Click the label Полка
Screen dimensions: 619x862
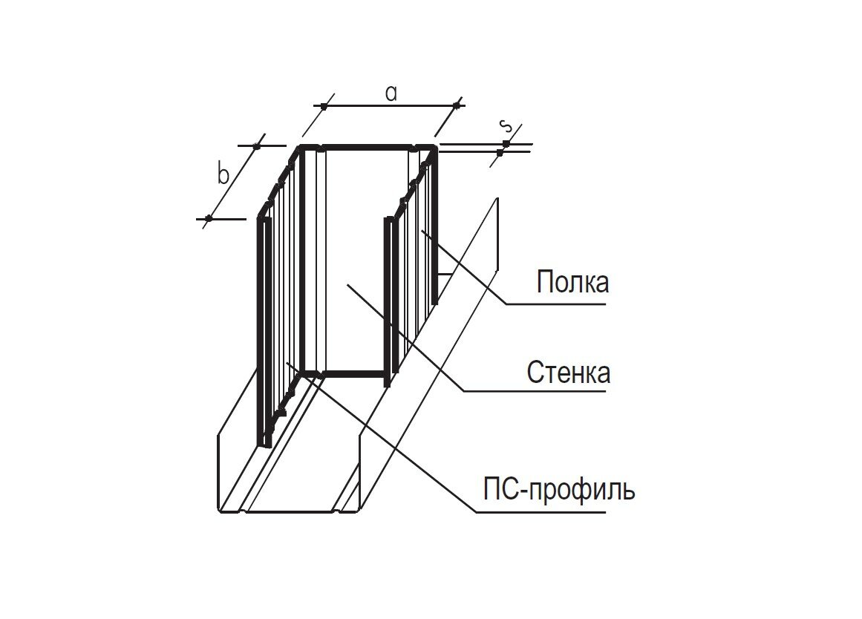click(x=572, y=283)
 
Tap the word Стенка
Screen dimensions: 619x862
click(x=569, y=372)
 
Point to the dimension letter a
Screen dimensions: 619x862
click(x=391, y=93)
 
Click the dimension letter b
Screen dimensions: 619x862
click(x=223, y=175)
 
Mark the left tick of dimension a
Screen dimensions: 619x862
click(x=324, y=106)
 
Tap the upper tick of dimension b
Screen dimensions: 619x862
click(x=257, y=146)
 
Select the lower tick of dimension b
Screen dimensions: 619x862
click(x=209, y=218)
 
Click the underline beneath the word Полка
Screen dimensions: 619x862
click(x=557, y=303)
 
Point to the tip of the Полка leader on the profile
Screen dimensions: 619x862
click(x=422, y=231)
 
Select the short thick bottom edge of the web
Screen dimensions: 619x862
click(x=354, y=373)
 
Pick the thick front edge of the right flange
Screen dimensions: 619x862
click(x=388, y=301)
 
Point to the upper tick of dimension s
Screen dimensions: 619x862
click(x=506, y=143)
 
